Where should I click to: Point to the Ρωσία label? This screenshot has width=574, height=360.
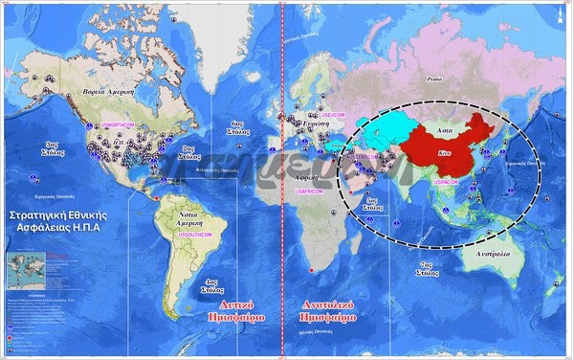pos(435,79)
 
